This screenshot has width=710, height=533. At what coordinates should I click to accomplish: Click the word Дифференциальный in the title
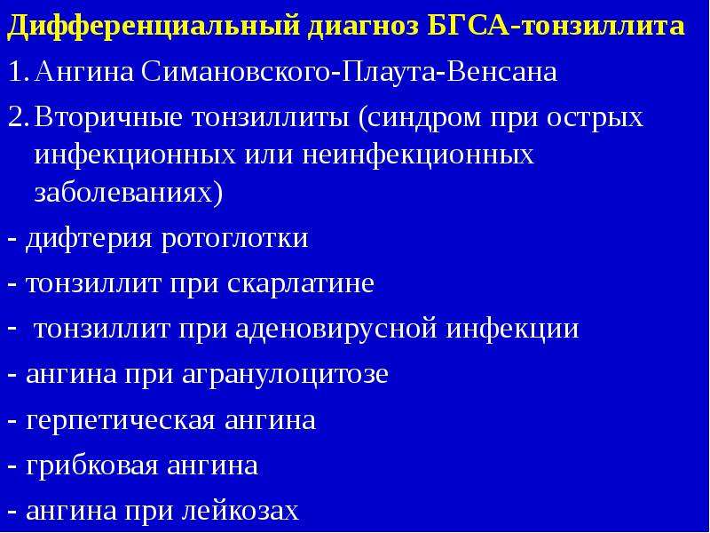pos(154,27)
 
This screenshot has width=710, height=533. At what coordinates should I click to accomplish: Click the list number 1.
pos(17,72)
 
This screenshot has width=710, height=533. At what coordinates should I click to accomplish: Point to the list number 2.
pos(19,117)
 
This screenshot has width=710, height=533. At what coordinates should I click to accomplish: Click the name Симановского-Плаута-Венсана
pos(348,72)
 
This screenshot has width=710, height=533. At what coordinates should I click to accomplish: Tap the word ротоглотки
pos(234,239)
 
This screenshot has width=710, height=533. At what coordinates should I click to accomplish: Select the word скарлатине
pos(301,284)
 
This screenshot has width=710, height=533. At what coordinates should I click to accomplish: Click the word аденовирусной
pos(336,330)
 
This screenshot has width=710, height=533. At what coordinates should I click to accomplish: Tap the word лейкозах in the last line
pos(241,510)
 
